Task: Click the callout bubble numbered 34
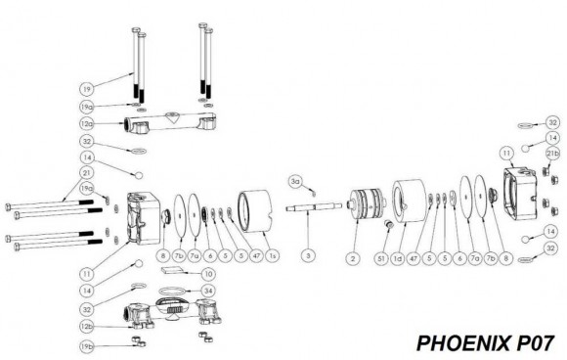[x=206, y=291]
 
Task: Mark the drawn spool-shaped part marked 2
[x=367, y=207]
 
